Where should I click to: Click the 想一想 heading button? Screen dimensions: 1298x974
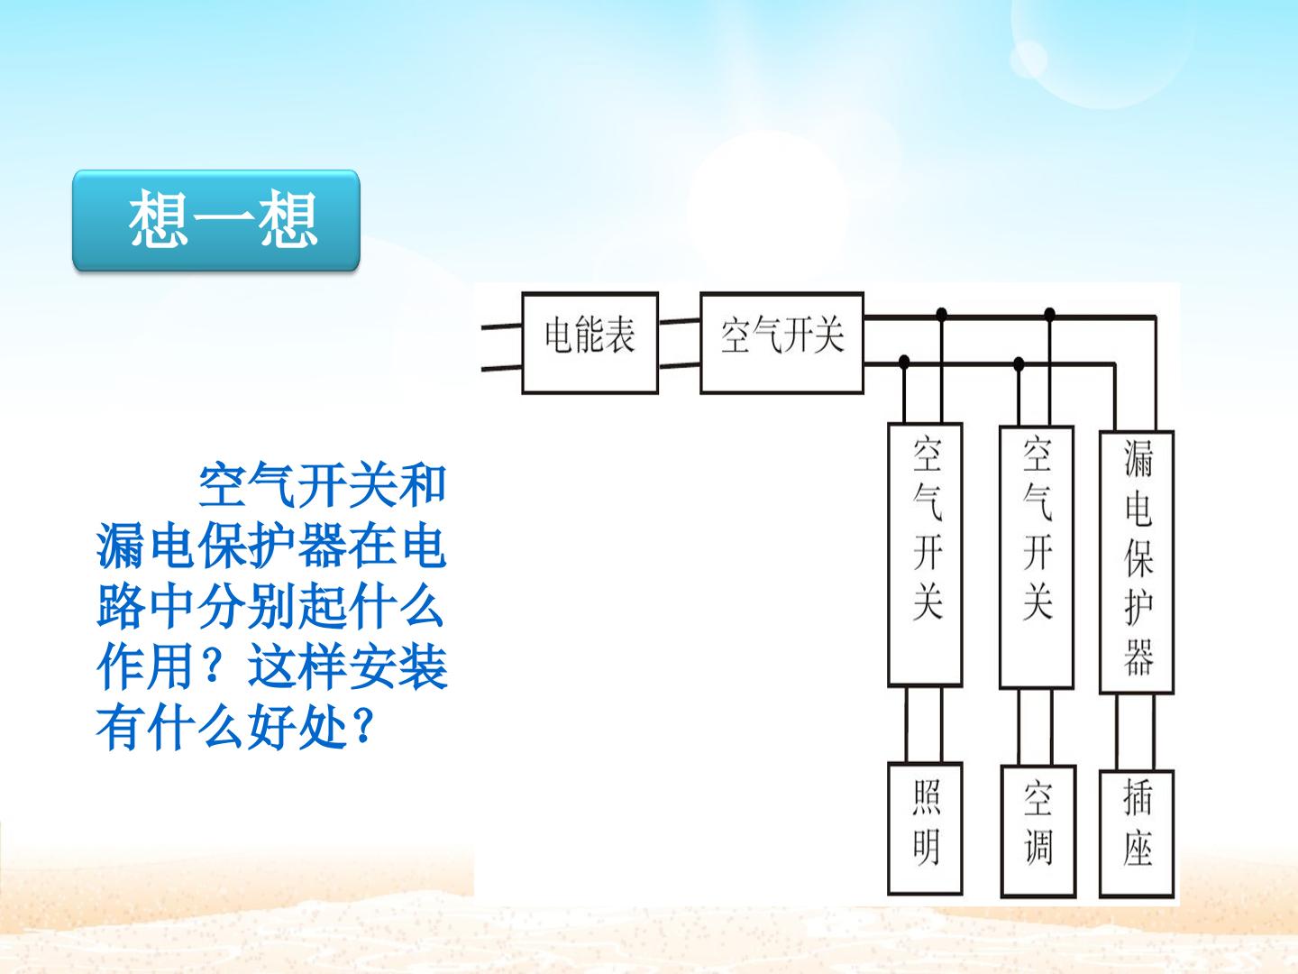[215, 221]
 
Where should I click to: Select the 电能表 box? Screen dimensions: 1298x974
[590, 343]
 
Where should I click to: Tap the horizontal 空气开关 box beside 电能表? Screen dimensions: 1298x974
[782, 343]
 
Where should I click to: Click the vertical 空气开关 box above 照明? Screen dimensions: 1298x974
[925, 555]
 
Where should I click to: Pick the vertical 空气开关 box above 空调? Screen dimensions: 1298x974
[1036, 557]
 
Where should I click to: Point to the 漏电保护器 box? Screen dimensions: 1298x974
[1137, 562]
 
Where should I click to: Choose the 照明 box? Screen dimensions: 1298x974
[925, 829]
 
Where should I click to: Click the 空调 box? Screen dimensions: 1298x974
[1037, 832]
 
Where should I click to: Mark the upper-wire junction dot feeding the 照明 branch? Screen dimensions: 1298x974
[942, 314]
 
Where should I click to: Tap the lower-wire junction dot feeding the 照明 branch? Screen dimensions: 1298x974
[903, 361]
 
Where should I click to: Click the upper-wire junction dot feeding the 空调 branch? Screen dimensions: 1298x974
[1049, 314]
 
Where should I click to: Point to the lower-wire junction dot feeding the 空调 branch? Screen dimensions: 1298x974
[1019, 363]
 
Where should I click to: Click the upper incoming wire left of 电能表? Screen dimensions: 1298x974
[501, 326]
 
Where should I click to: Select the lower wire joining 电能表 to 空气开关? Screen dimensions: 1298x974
[680, 366]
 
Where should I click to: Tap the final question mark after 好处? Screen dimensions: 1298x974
[361, 727]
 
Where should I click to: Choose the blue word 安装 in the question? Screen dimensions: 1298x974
[397, 666]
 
